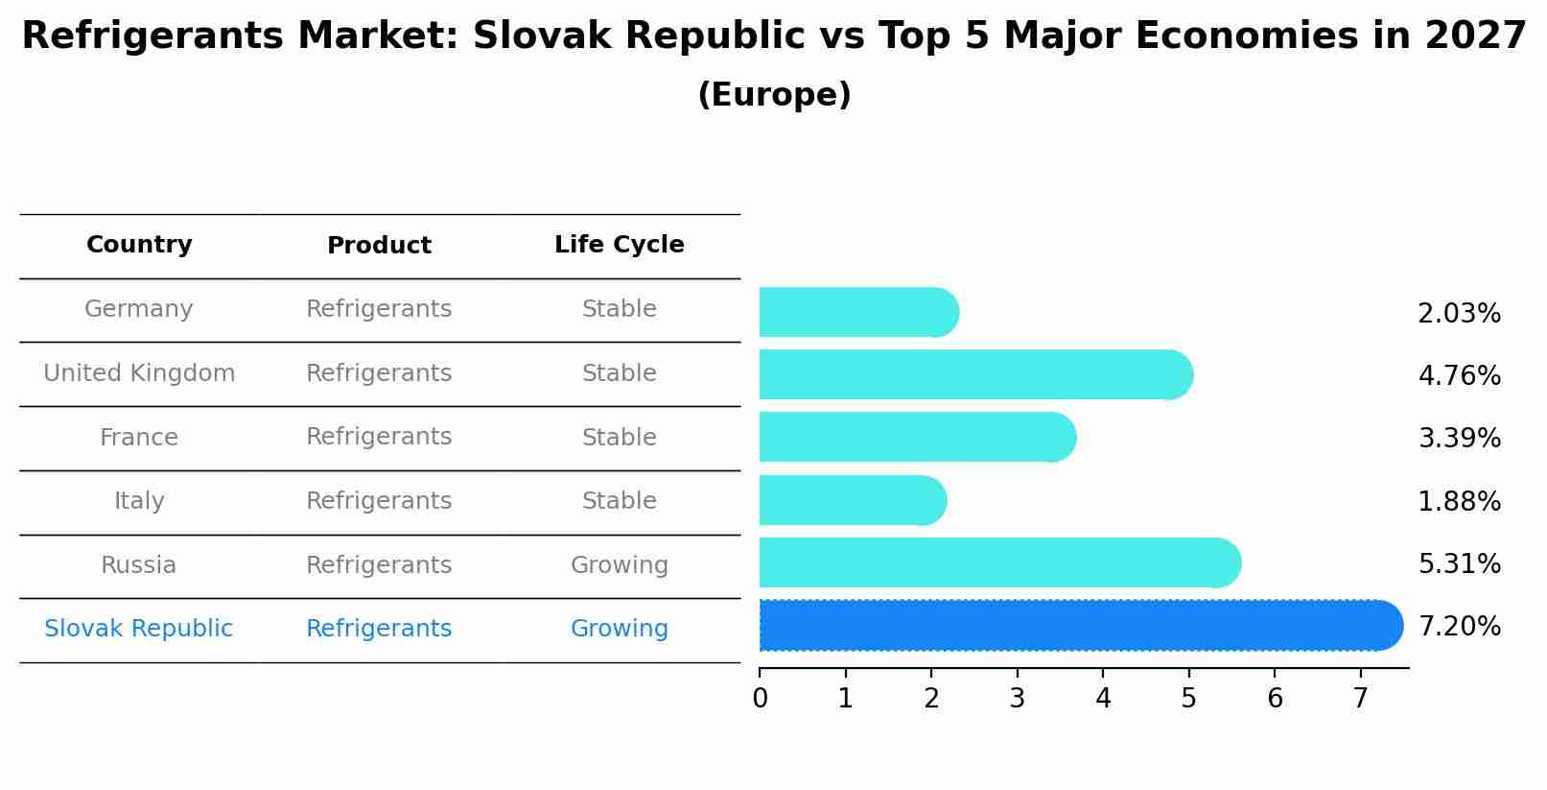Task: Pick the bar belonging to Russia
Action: (x=997, y=563)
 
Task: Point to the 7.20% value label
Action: (x=1459, y=627)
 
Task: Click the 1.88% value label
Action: (x=1459, y=501)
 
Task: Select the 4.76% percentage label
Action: (x=1459, y=375)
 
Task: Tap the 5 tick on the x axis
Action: (x=1189, y=699)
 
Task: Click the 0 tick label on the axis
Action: (x=760, y=699)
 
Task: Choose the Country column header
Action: (x=139, y=245)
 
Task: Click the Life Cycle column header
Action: (x=619, y=245)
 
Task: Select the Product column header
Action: (x=379, y=246)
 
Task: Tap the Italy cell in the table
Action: (x=139, y=501)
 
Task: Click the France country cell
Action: (x=139, y=438)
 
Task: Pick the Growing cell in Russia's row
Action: (x=619, y=565)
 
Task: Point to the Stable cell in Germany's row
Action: (x=619, y=309)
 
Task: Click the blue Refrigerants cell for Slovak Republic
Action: (x=379, y=629)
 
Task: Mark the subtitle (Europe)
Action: (x=774, y=95)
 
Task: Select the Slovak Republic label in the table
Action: (x=139, y=629)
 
